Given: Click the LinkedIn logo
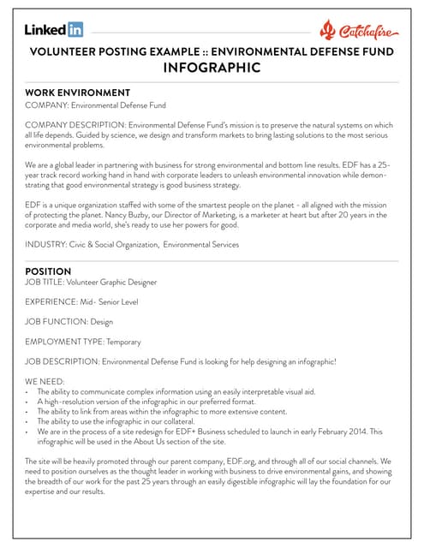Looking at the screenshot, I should tap(54, 30).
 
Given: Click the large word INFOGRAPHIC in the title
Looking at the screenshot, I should tap(212, 68).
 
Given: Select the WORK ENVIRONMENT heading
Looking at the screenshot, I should tap(78, 92).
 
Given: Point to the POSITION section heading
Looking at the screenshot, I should tap(49, 271).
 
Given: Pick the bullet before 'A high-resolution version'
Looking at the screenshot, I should tap(28, 401).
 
